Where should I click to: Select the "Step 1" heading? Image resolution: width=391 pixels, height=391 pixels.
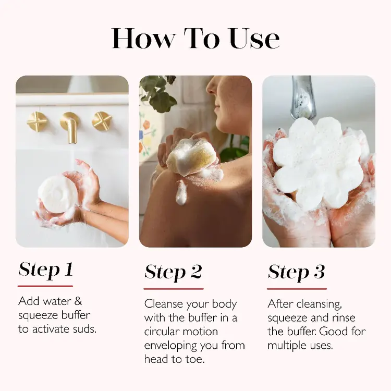[x=45, y=270]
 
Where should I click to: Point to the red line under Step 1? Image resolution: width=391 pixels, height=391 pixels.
[x=45, y=286]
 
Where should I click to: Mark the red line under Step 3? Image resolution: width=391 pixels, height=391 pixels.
[x=297, y=288]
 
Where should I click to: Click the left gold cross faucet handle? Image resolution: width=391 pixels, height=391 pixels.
[x=37, y=121]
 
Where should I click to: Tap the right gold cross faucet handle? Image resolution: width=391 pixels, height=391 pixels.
[x=102, y=121]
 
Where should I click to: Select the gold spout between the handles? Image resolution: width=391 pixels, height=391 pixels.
[x=70, y=126]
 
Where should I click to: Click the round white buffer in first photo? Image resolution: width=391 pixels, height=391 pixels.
[x=57, y=194]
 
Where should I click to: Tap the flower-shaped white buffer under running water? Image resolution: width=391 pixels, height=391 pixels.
[x=318, y=161]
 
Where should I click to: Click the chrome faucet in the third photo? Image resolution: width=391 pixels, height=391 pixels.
[x=303, y=97]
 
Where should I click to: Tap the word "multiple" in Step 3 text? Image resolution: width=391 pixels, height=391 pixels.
[x=289, y=346]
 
